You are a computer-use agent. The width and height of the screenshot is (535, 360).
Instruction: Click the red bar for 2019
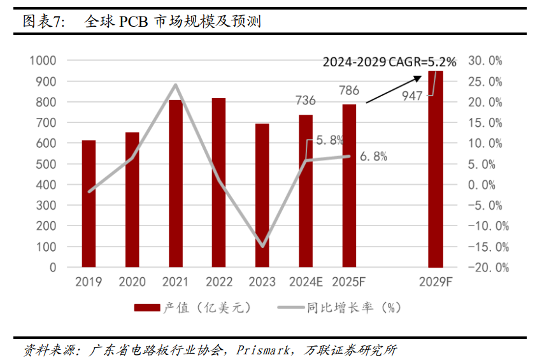coord(89,204)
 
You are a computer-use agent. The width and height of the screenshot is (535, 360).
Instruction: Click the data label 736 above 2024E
coord(306,101)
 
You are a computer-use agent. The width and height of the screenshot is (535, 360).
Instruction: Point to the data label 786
coord(349,90)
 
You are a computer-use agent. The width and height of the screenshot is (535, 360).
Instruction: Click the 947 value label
coord(413,96)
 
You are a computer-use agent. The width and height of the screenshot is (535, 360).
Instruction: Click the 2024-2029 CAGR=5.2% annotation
coord(389,62)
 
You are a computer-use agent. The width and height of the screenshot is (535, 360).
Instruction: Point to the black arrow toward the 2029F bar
coord(394,89)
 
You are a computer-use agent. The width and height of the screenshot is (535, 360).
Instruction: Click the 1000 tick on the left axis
coord(43,61)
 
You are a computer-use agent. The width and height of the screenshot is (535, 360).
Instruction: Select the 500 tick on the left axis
coord(47,164)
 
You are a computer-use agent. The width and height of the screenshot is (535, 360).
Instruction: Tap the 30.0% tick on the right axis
coord(485,61)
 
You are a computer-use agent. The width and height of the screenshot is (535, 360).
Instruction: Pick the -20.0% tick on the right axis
coord(488,267)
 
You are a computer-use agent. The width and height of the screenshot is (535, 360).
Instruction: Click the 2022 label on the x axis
coord(219,282)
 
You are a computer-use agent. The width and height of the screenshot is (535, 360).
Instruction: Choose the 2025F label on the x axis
coord(349,282)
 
